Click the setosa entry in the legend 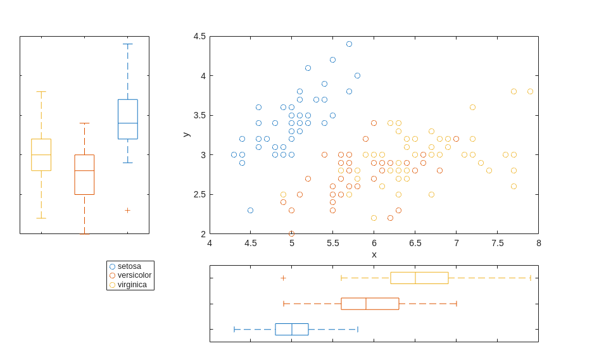(x=129, y=266)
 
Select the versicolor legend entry (x=134, y=275)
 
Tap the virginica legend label (x=132, y=285)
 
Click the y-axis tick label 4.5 (x=199, y=36)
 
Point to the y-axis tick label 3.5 (x=199, y=115)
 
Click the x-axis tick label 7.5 (x=498, y=243)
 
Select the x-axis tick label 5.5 (x=333, y=243)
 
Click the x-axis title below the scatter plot (x=374, y=254)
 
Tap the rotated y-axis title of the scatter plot (x=186, y=135)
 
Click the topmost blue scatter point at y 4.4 (x=349, y=44)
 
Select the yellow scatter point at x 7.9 (x=531, y=92)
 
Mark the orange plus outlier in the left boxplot (x=127, y=210)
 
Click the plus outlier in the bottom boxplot (x=283, y=278)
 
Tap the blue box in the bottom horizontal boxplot (x=292, y=329)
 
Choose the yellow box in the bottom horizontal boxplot (x=419, y=278)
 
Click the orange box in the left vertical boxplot (x=84, y=175)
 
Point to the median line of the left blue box (x=127, y=123)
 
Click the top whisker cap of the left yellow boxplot (x=41, y=92)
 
